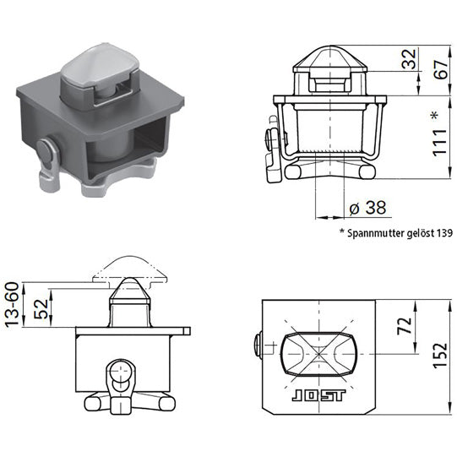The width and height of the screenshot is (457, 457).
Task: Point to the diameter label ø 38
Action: (362, 207)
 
